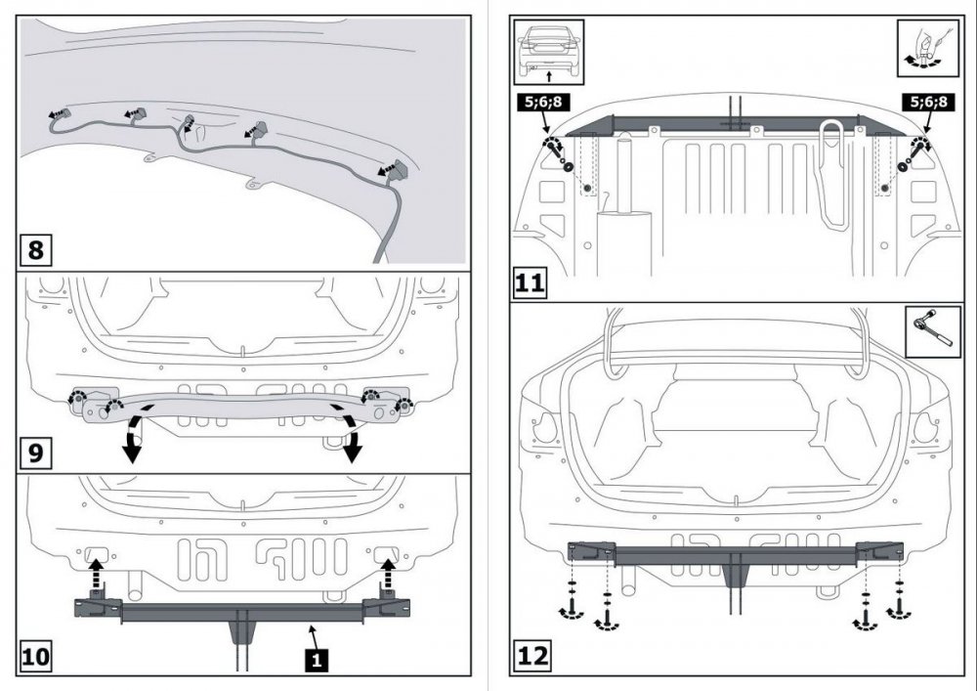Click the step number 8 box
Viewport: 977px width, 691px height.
coord(36,250)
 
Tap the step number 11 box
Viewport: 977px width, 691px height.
coord(529,284)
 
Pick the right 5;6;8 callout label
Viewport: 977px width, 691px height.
coord(928,102)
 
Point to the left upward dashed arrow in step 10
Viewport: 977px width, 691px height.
coord(95,574)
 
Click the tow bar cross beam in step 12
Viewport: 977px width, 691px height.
coord(733,553)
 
